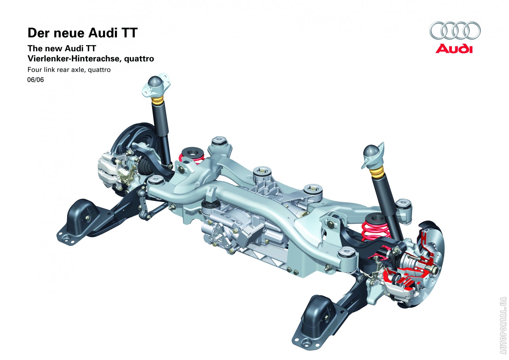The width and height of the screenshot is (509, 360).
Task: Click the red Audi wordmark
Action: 454,49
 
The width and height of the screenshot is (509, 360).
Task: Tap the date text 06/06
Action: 35,80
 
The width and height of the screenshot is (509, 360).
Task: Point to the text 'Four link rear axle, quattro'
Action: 69,70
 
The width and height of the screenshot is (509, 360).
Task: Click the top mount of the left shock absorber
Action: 155,85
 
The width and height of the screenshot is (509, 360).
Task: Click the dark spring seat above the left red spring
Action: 191,152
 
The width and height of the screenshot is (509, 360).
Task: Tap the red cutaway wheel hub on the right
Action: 407,266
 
